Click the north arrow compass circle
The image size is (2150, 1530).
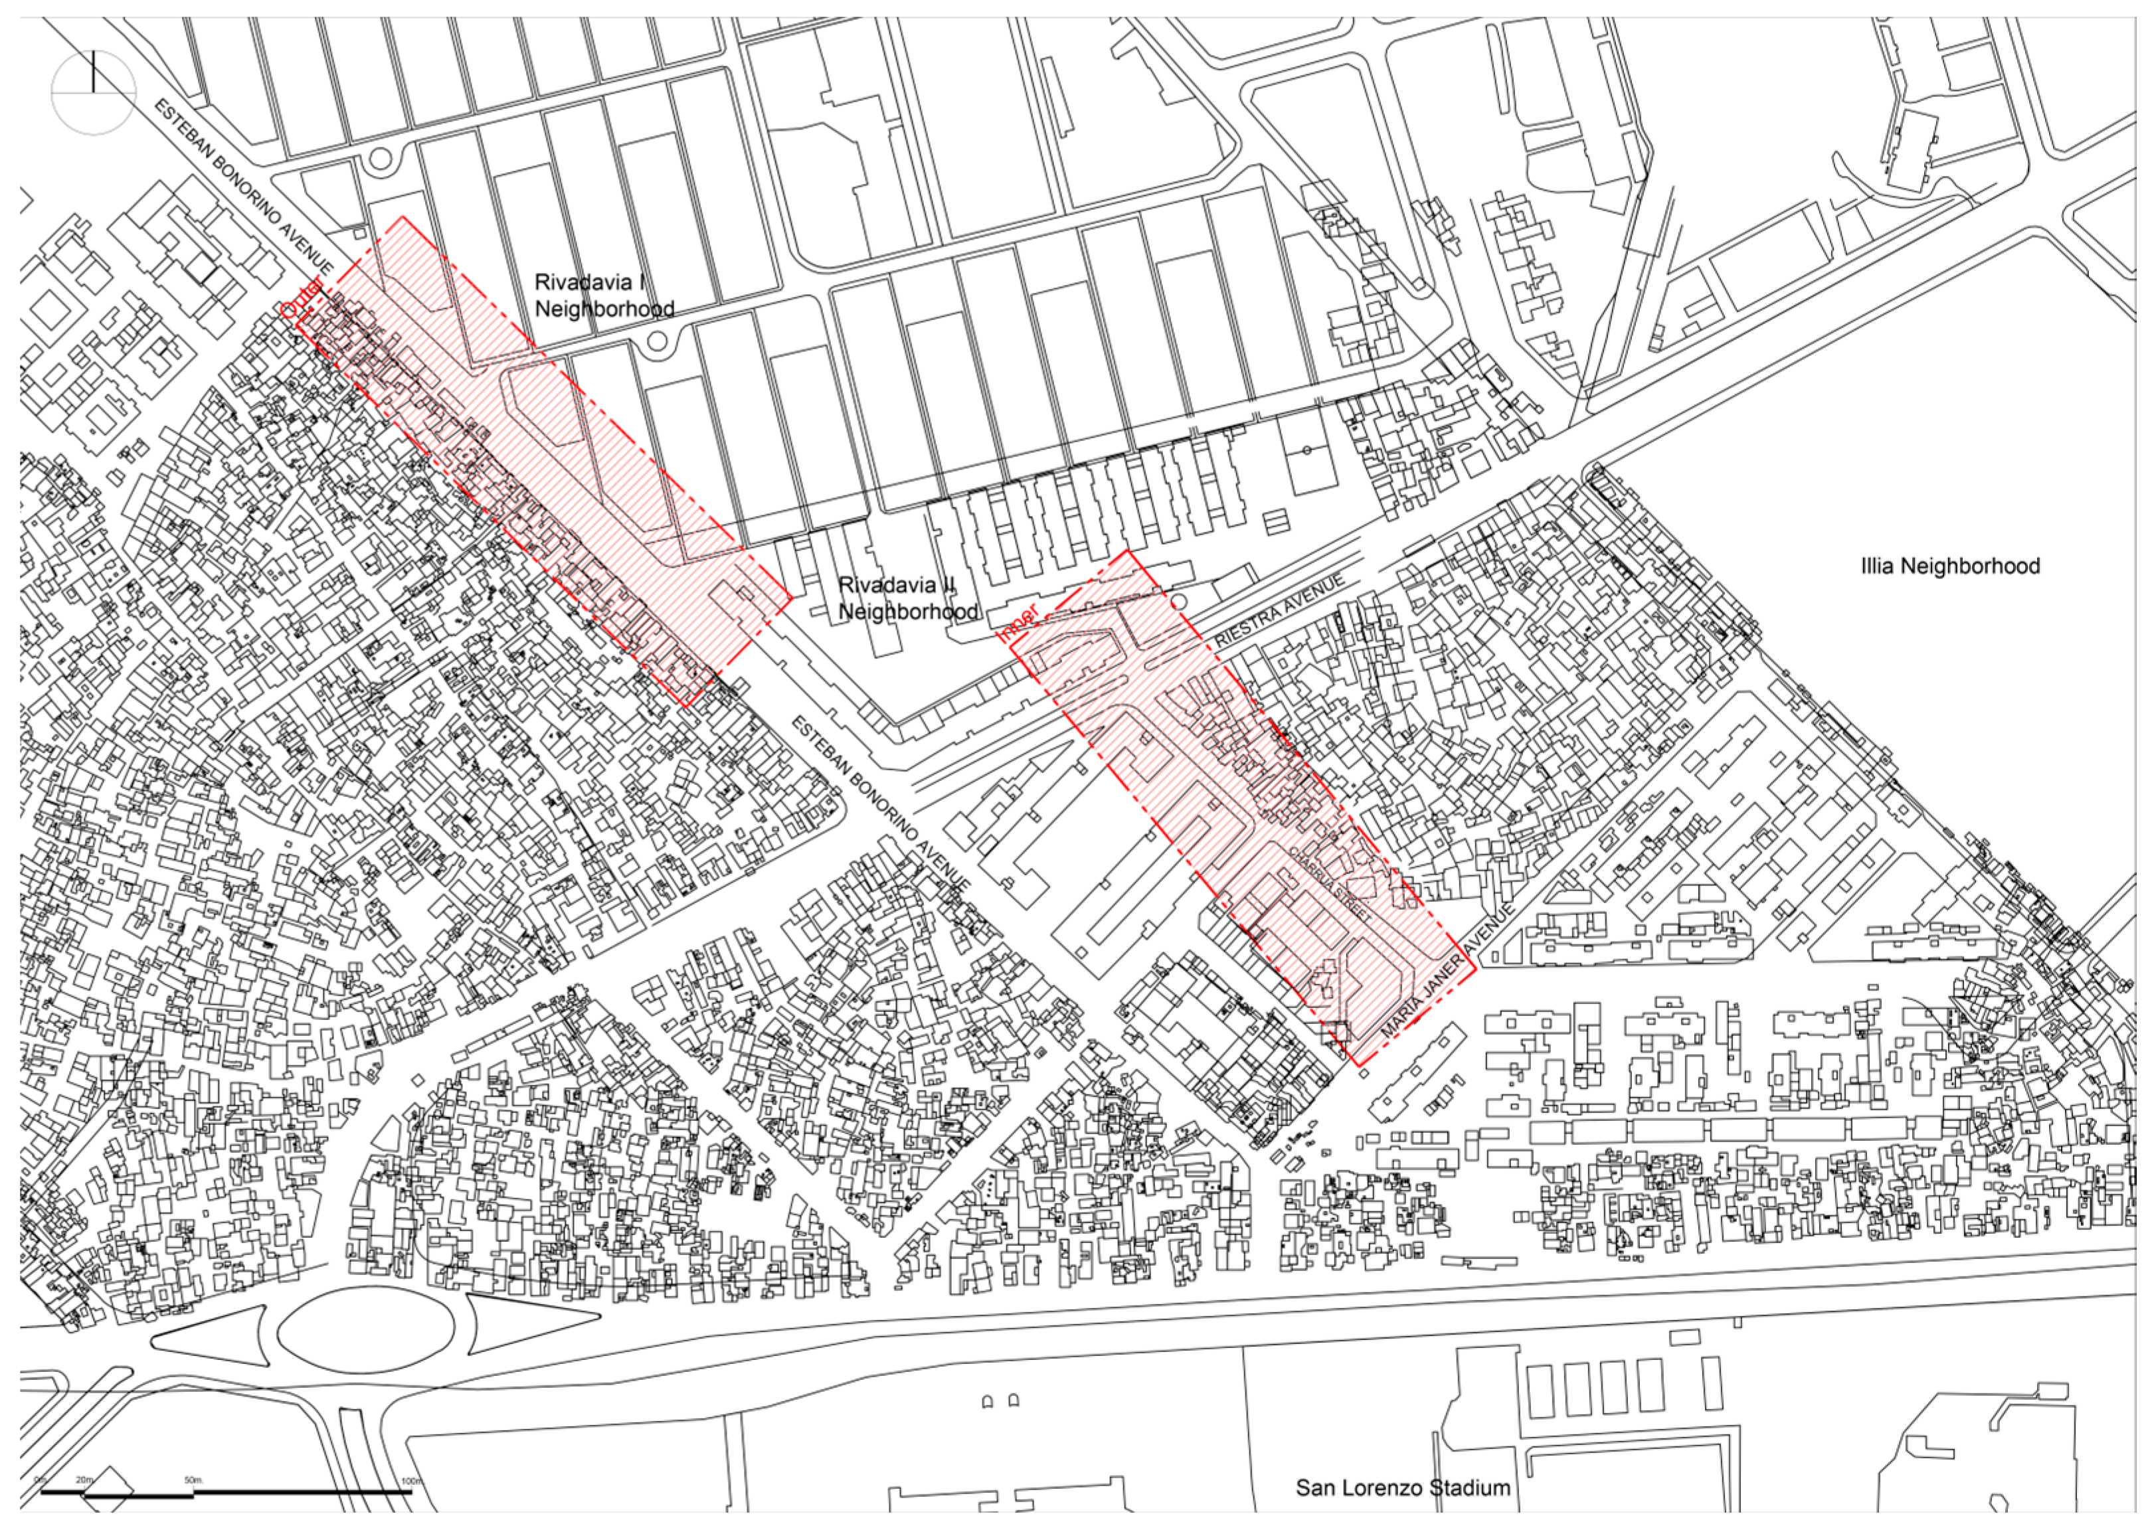tap(93, 92)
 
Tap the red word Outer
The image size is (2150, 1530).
tap(302, 297)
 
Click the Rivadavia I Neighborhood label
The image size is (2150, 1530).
tap(604, 295)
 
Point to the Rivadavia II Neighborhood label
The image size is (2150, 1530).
tap(907, 598)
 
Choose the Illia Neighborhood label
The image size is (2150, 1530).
tap(1950, 566)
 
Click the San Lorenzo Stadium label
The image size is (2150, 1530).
tap(1402, 1487)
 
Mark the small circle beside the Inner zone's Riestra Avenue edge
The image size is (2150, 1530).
tap(1180, 602)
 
